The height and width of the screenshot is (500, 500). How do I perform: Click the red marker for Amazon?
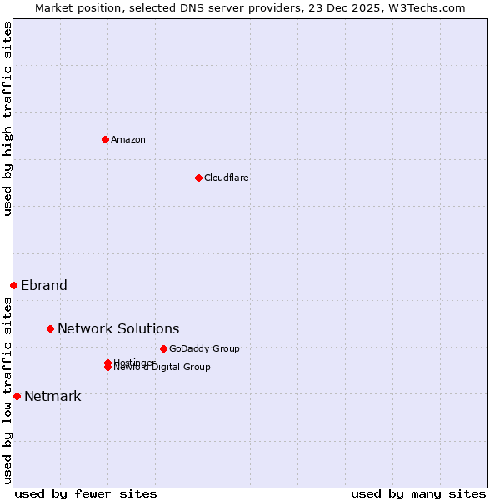tap(105, 139)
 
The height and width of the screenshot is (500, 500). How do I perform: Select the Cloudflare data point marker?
tap(198, 177)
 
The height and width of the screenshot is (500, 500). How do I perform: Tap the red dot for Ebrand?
tap(13, 285)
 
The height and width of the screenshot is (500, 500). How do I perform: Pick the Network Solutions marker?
tap(50, 328)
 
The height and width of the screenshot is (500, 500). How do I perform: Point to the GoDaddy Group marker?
tap(163, 348)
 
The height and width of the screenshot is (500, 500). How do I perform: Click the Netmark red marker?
tap(17, 396)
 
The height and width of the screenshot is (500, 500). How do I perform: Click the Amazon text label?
tap(127, 139)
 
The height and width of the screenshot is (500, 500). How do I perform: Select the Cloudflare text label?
tap(226, 177)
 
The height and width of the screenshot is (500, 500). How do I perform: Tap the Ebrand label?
tap(44, 285)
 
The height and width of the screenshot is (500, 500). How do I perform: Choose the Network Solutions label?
tap(118, 328)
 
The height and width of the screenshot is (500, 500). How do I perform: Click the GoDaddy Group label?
tap(204, 348)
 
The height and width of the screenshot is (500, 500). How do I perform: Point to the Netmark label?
tap(52, 396)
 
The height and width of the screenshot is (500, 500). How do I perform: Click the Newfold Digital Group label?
tap(163, 367)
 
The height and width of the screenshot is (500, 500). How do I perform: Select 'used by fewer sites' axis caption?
tap(86, 493)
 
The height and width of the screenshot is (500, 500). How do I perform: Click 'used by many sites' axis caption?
tap(418, 493)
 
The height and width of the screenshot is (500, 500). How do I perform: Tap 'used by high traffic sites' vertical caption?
tap(7, 118)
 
